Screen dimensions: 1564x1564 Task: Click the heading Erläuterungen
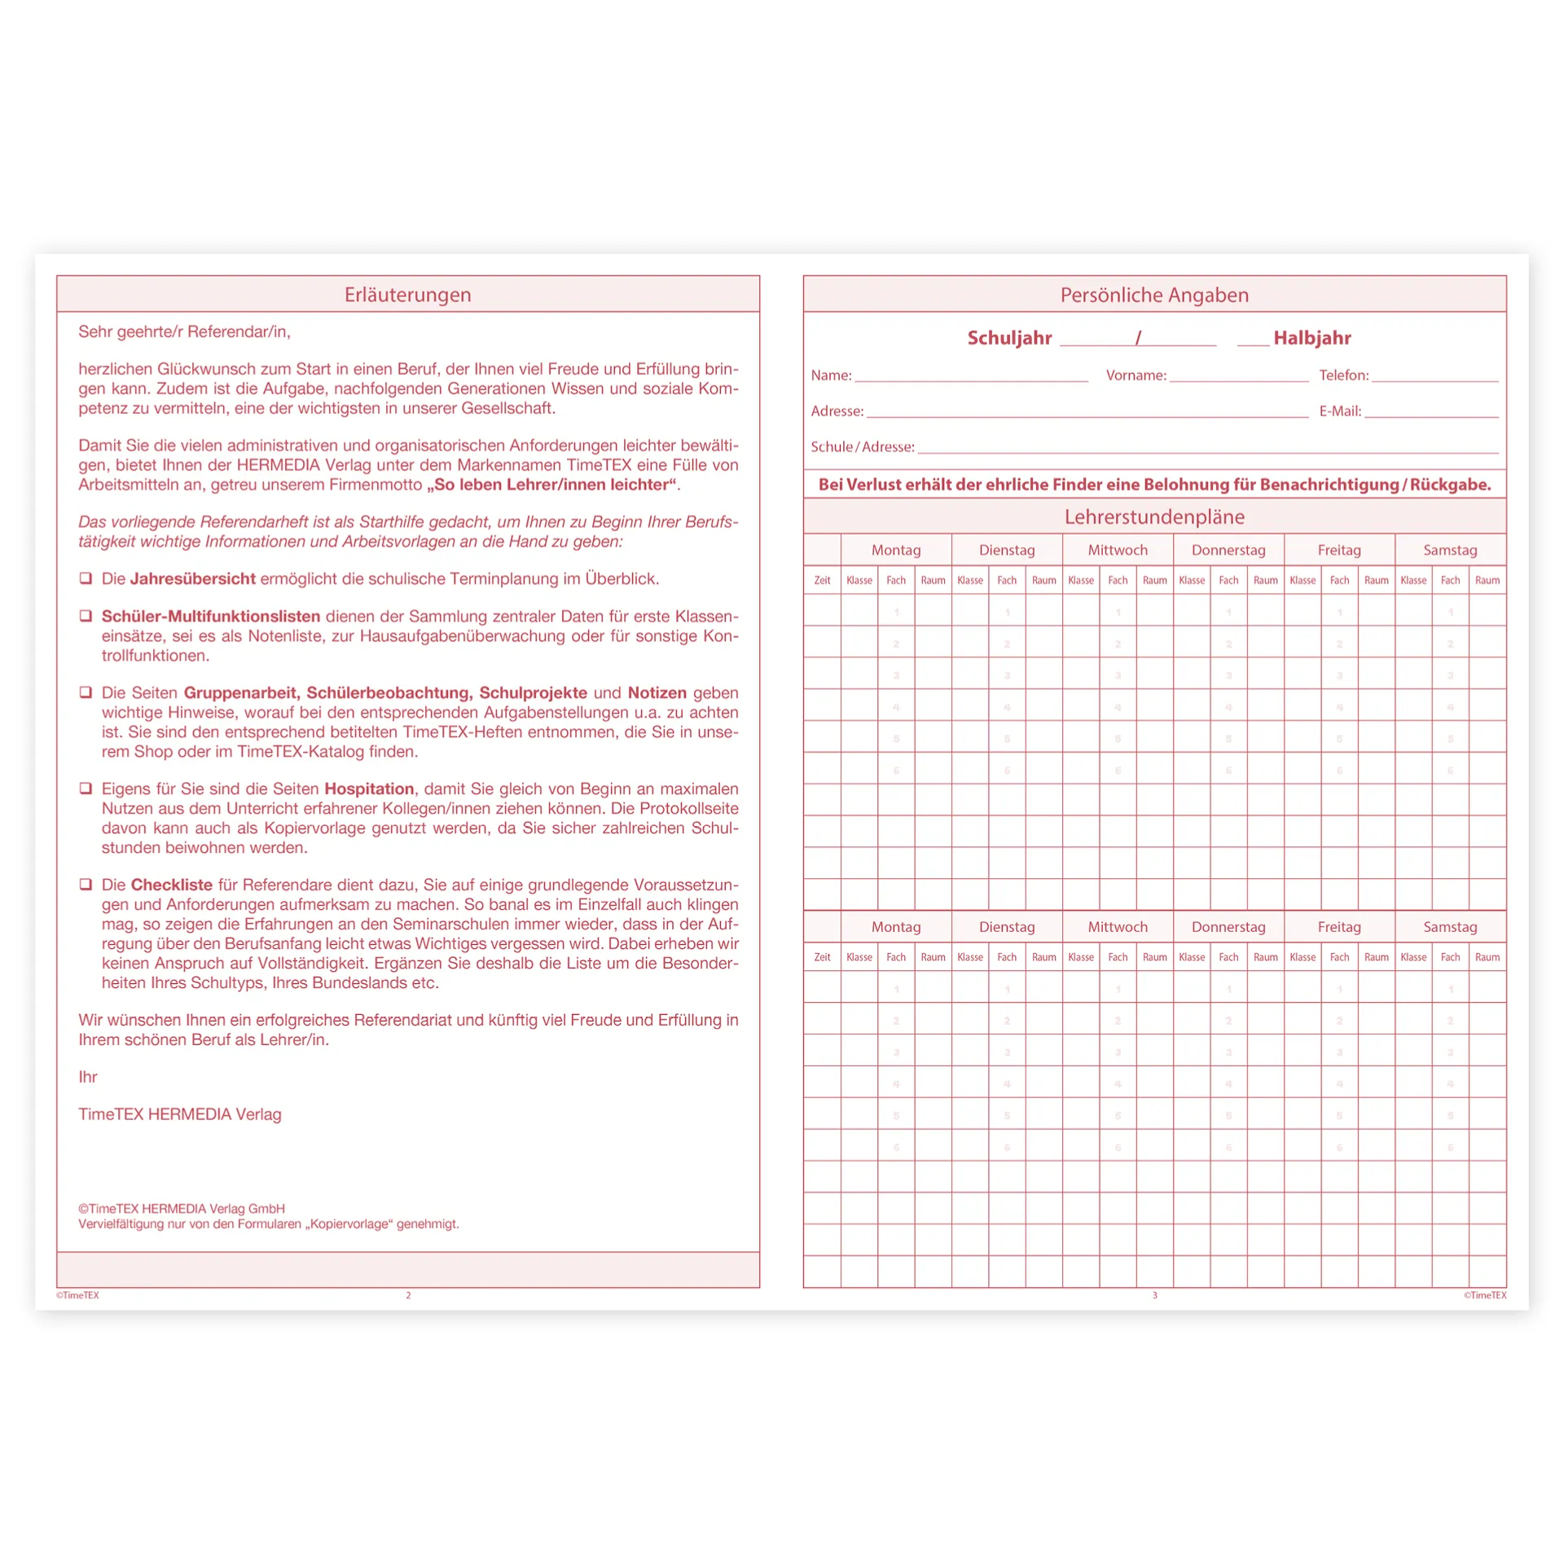(407, 295)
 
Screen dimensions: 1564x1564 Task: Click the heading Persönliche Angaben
(1154, 295)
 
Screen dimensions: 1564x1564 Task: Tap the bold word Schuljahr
(1009, 338)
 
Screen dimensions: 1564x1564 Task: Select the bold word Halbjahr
(1311, 338)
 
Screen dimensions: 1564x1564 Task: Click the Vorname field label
(1136, 376)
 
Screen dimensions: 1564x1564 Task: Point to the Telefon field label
(1343, 376)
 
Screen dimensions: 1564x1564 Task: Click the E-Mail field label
(1340, 411)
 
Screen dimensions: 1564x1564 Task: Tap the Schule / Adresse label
(862, 447)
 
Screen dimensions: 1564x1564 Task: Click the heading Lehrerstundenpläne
(1154, 516)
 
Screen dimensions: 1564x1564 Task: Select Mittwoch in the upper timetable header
(1118, 550)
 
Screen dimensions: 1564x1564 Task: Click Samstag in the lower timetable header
(1450, 927)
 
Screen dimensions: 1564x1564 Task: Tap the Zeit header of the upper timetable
(822, 581)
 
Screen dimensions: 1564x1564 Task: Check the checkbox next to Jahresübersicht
(86, 578)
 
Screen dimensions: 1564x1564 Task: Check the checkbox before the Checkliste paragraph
(86, 885)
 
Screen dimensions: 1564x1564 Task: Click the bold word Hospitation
(369, 789)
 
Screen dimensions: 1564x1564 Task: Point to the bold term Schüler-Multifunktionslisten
(210, 617)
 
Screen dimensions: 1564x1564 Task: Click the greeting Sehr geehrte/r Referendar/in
(184, 332)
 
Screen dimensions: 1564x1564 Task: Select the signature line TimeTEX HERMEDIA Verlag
(179, 1114)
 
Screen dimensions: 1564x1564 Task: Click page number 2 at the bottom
(408, 1295)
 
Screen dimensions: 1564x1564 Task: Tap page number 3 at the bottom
(1154, 1295)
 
